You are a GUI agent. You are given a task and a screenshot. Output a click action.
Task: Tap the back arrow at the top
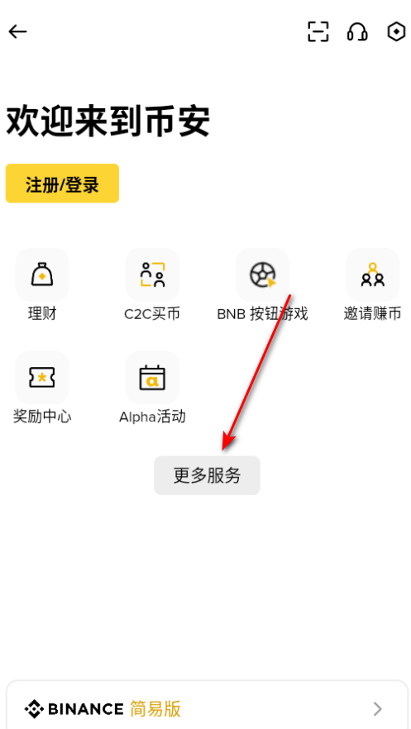point(17,31)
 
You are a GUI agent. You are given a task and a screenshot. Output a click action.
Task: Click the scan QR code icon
point(318,31)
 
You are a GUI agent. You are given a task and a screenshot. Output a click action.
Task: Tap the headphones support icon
point(357,31)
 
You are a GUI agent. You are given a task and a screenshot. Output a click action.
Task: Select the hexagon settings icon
point(396,31)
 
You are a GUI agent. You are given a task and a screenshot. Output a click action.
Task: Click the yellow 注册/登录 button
point(62,183)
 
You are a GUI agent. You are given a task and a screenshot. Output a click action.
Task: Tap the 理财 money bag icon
point(42,274)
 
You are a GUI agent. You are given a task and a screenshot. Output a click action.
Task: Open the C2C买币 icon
point(152,274)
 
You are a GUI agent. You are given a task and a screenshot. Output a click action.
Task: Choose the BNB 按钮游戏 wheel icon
point(263,274)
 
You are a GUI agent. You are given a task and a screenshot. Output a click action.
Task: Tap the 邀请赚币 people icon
point(373,274)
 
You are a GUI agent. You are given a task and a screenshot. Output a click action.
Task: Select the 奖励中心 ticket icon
point(42,377)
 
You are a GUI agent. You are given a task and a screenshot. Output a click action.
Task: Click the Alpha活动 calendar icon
point(152,377)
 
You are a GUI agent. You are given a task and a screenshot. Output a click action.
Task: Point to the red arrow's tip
point(223,450)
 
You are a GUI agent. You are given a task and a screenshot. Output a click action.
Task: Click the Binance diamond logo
point(35,709)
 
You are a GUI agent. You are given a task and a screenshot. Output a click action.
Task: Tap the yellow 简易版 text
point(155,709)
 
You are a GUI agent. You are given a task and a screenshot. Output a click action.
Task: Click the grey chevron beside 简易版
point(378,709)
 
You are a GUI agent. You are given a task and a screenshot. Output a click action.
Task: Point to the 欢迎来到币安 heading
point(108,121)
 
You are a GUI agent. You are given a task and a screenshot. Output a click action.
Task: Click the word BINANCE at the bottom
point(85,709)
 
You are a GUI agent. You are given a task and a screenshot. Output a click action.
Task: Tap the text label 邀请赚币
point(372,314)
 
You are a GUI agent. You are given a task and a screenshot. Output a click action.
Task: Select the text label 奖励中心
point(42,417)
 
